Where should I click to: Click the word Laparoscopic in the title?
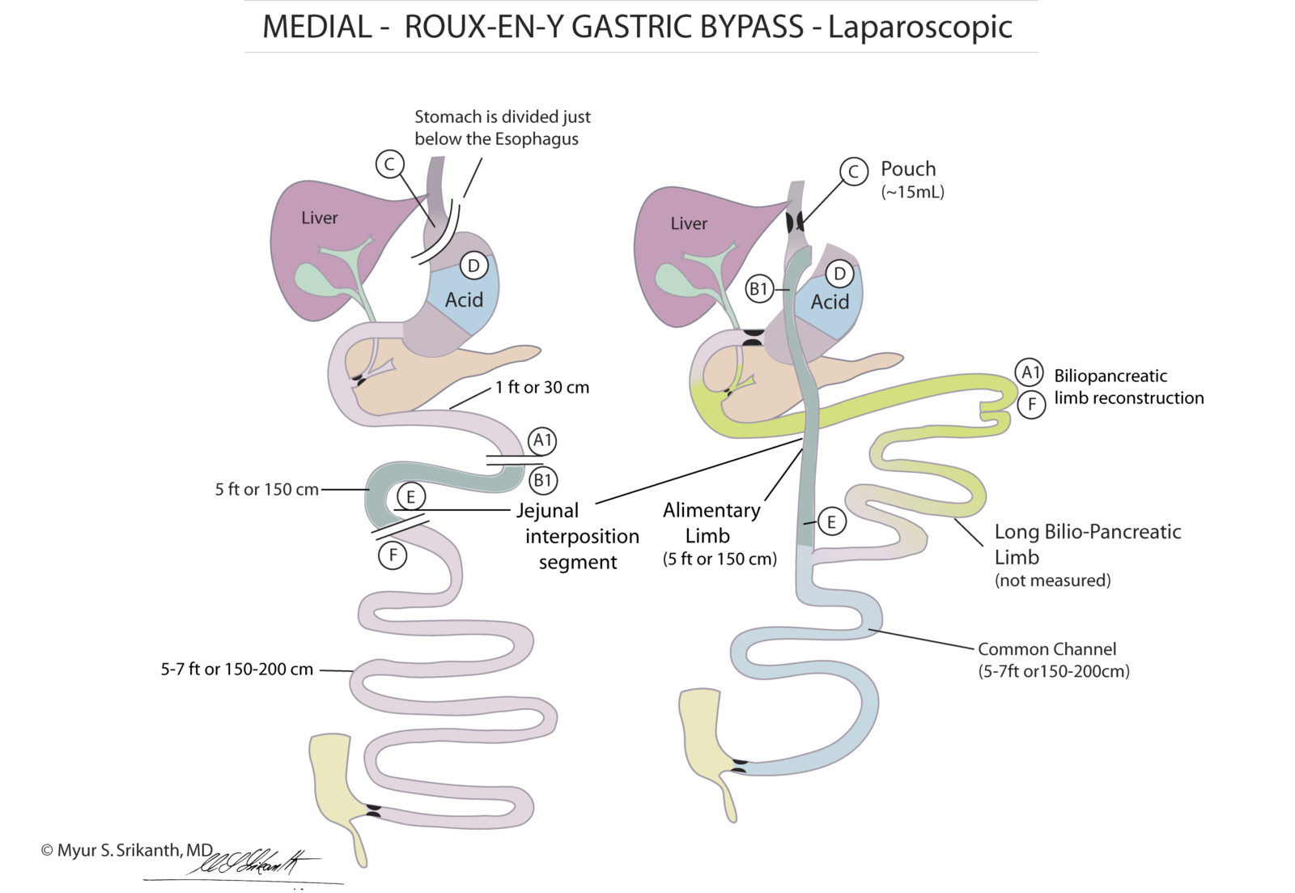(x=919, y=27)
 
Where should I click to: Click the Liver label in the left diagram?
(x=319, y=218)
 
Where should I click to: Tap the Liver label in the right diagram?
(x=688, y=223)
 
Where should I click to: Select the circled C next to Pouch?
(x=852, y=172)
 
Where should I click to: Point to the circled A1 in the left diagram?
(x=542, y=441)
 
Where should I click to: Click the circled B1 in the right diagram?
(x=758, y=289)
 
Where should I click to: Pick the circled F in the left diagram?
(x=393, y=555)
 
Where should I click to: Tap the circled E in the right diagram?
(x=831, y=522)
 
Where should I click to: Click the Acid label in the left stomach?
(x=464, y=300)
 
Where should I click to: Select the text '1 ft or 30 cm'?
(x=542, y=388)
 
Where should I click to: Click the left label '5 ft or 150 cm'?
(x=266, y=490)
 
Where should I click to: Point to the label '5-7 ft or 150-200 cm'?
(x=236, y=670)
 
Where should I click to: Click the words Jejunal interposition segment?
(x=578, y=536)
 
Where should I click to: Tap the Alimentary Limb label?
(x=711, y=522)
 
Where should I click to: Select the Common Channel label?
(x=1047, y=649)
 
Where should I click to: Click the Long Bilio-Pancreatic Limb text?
(x=1087, y=543)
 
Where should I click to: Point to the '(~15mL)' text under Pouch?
(x=912, y=193)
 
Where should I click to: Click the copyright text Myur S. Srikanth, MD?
(x=126, y=850)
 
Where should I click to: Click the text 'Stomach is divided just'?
(x=502, y=117)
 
